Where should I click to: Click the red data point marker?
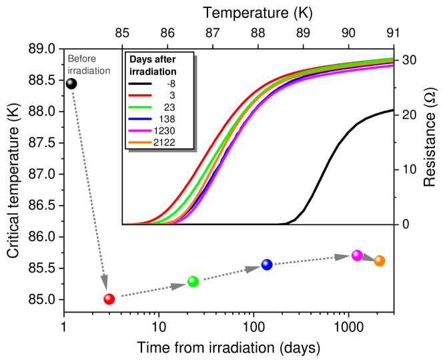tap(109, 299)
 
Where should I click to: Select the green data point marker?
tap(193, 281)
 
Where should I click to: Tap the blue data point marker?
tap(267, 264)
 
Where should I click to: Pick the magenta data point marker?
tap(357, 255)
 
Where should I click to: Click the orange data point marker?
tap(380, 260)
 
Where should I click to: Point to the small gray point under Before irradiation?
tap(69, 82)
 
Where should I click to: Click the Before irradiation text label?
tap(88, 65)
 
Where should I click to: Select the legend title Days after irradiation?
tap(153, 65)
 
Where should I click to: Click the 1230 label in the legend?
tap(164, 131)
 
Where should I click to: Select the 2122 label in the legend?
tap(164, 143)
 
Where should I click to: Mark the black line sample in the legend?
tap(139, 83)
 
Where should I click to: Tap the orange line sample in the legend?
tap(139, 143)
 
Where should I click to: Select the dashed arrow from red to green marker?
tap(153, 289)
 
